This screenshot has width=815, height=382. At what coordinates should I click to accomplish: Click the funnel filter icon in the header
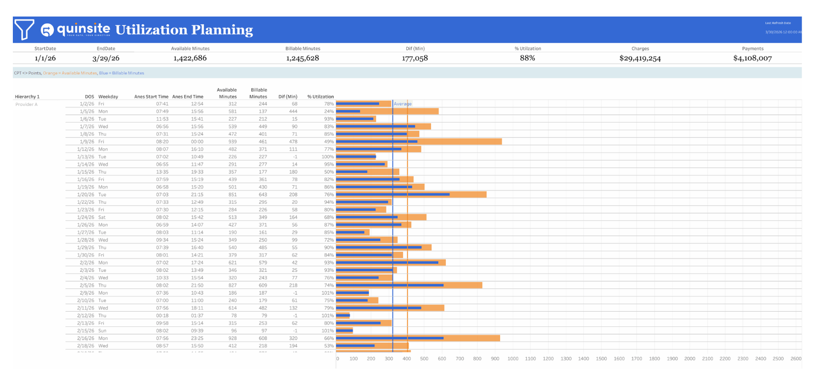[x=24, y=29]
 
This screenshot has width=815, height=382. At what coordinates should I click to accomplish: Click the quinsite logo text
[x=83, y=29]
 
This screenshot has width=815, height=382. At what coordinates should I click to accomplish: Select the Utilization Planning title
[x=184, y=29]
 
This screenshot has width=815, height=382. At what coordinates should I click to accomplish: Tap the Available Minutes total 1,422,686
[x=190, y=58]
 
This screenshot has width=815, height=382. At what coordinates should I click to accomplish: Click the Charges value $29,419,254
[x=640, y=58]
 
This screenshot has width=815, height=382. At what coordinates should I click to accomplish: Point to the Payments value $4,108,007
[x=752, y=58]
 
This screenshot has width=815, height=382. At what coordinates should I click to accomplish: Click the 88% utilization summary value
[x=527, y=58]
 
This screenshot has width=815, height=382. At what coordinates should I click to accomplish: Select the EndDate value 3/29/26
[x=106, y=58]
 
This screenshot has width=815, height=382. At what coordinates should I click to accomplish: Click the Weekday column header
[x=108, y=96]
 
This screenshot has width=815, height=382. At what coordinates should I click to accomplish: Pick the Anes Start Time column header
[x=151, y=96]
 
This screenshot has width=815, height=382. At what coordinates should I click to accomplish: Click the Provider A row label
[x=26, y=105]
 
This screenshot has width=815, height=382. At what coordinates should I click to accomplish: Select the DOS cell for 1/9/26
[x=87, y=142]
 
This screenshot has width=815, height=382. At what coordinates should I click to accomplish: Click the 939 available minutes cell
[x=232, y=142]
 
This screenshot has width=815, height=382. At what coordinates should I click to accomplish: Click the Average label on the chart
[x=403, y=104]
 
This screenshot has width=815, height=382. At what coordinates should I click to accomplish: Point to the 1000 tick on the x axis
[x=512, y=359]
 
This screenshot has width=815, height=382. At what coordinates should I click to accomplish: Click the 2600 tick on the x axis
[x=795, y=359]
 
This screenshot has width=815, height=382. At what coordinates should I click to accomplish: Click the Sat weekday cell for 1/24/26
[x=102, y=217]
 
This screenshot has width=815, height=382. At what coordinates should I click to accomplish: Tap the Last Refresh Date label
[x=778, y=23]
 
